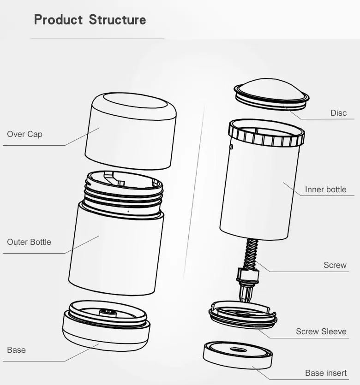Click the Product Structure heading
point(90,20)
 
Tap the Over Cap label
point(24,134)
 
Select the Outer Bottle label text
point(29,242)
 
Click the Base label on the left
point(16,350)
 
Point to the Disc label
point(338,113)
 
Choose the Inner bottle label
point(325,190)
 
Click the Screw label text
point(335,265)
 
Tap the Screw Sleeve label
point(321,332)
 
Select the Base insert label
point(325,373)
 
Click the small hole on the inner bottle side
point(232,147)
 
